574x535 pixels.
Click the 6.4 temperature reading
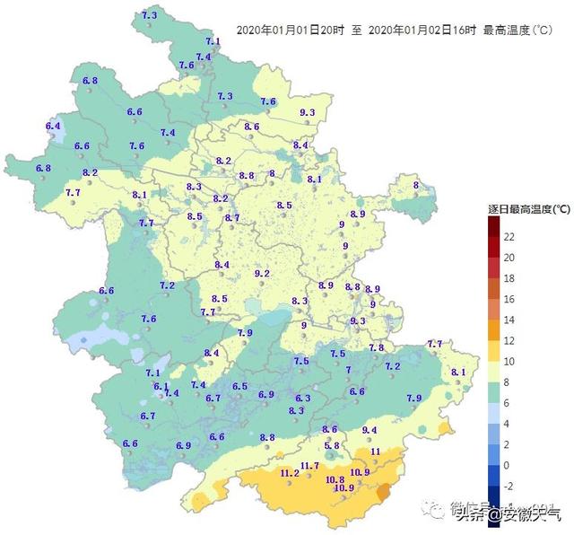coord(52,126)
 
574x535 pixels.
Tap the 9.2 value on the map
coord(263,273)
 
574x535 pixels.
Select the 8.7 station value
coord(232,218)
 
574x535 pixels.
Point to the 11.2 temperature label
coord(290,473)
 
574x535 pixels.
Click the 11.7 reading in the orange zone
coord(310,465)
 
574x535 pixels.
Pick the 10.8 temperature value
coord(335,479)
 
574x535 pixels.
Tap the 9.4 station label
coord(370,430)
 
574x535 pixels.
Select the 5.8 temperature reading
coord(332,445)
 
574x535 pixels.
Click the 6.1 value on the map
coord(161,386)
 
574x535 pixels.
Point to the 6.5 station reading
coord(239,386)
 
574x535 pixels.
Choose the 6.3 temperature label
coord(302,398)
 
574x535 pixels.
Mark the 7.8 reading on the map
coord(377,347)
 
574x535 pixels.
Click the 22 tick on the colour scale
coord(509,237)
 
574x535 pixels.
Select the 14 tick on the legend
coord(509,320)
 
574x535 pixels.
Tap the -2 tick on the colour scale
coord(509,486)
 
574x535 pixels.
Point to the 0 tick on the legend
coord(508,465)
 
